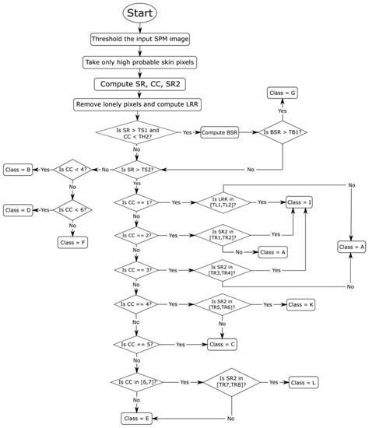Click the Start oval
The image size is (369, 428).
137,14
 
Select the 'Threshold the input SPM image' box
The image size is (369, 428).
137,40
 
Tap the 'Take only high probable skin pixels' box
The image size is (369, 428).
137,61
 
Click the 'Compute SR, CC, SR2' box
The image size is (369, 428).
137,83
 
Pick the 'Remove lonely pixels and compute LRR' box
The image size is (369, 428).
137,104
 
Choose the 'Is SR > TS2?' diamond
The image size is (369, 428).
137,168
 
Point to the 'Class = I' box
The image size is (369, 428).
298,202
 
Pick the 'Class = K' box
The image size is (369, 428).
300,304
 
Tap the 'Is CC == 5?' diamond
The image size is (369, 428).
137,343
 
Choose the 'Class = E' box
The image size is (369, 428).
137,418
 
